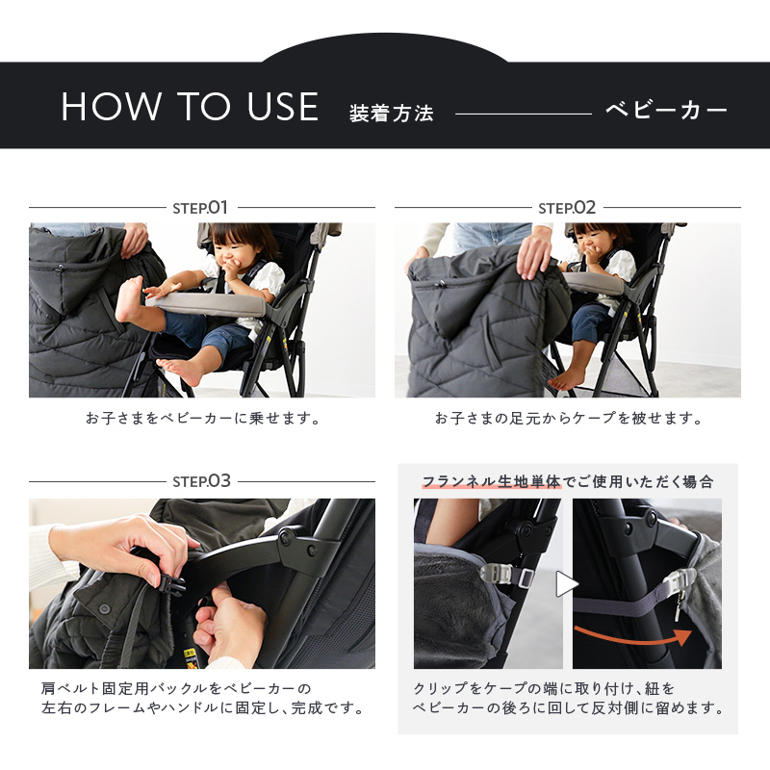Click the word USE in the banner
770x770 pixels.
click(x=283, y=107)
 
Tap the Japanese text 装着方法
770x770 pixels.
click(x=392, y=114)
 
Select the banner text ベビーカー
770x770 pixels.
click(x=666, y=110)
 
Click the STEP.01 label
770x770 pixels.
click(x=200, y=208)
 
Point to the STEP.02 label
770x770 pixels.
click(x=567, y=208)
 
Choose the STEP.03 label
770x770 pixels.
click(x=202, y=481)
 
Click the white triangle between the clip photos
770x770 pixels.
click(x=567, y=584)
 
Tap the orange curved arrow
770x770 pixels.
click(x=633, y=637)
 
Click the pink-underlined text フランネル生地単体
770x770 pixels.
click(x=491, y=482)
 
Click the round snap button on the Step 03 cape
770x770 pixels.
click(x=104, y=609)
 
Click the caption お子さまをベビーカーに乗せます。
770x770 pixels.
click(x=203, y=419)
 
